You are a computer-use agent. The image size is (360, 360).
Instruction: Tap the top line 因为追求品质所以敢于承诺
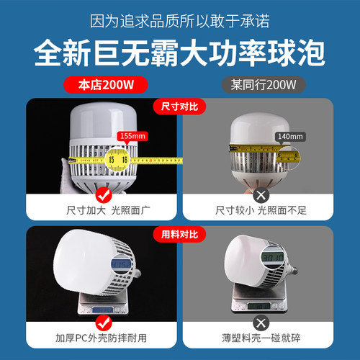180,19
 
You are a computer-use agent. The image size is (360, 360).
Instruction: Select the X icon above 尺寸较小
259,194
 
